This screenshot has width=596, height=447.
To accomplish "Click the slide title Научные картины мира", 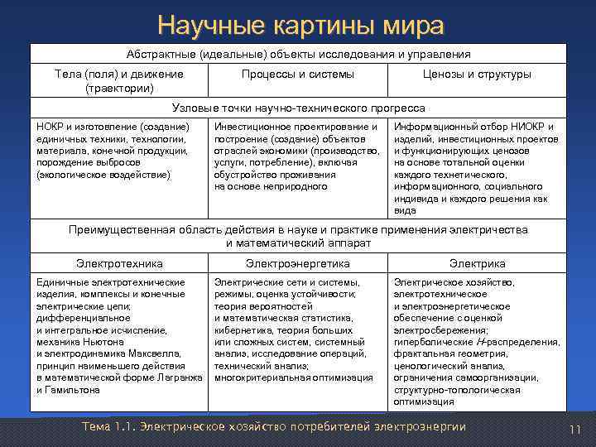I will pyautogui.click(x=299, y=26).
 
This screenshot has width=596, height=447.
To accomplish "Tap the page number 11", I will pyautogui.click(x=575, y=429).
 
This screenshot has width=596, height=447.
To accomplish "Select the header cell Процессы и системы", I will pyautogui.click(x=298, y=74).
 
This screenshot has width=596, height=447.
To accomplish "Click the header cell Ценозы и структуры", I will pyautogui.click(x=477, y=74).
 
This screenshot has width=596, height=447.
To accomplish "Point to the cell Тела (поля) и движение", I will pyautogui.click(x=119, y=74).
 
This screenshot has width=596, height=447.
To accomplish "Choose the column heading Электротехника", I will pyautogui.click(x=119, y=263).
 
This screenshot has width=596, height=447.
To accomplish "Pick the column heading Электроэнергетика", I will pyautogui.click(x=298, y=263).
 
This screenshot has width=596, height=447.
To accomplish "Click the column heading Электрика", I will pyautogui.click(x=478, y=263).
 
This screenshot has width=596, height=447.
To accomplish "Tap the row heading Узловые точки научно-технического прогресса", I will pyautogui.click(x=298, y=108).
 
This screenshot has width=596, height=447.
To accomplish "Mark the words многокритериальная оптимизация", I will pyautogui.click(x=294, y=377).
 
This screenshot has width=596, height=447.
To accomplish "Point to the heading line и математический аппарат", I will pyautogui.click(x=298, y=243).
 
